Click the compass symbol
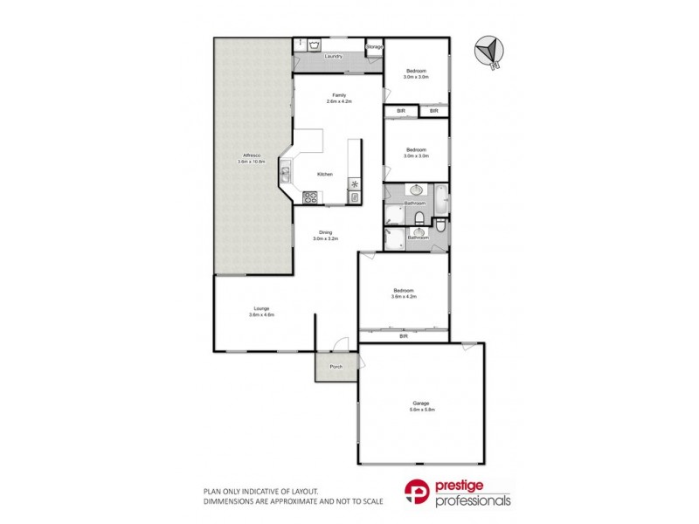[x=488, y=51]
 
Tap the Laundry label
[x=332, y=57]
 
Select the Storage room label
[x=374, y=45]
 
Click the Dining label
[x=325, y=232]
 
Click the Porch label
[x=336, y=367]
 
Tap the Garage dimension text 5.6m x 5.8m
[x=424, y=409]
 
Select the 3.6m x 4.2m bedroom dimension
[x=404, y=297]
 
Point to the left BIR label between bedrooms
[x=401, y=111]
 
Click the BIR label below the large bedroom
[x=404, y=335]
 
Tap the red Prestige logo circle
[x=416, y=493]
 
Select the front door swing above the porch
[x=343, y=342]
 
